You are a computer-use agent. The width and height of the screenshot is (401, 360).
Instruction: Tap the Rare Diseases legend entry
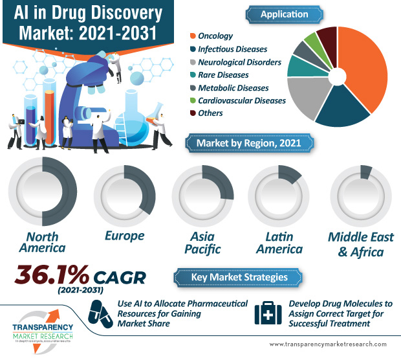pyautogui.click(x=223, y=74)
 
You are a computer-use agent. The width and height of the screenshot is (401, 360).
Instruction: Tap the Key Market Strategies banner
pyautogui.click(x=240, y=277)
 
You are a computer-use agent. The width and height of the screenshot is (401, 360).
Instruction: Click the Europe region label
pyautogui.click(x=124, y=236)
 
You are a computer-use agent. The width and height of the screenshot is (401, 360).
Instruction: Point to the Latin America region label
pyautogui.click(x=279, y=242)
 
